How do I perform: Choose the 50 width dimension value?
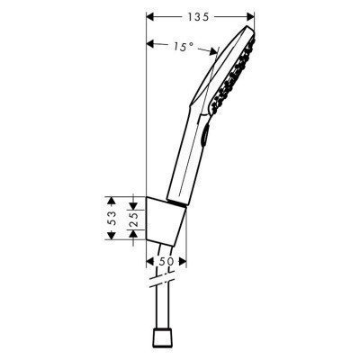(x=166, y=261)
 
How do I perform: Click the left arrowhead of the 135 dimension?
(x=150, y=14)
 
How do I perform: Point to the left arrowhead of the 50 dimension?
(x=149, y=262)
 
